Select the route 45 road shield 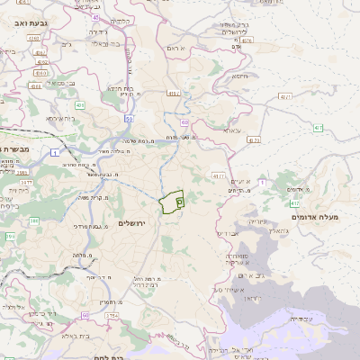coord(96,17)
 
